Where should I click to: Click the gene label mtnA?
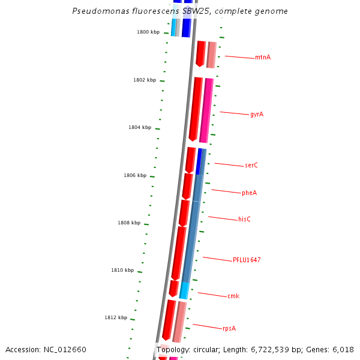(x=262, y=58)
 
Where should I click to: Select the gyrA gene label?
(x=257, y=114)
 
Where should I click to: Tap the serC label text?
(x=251, y=165)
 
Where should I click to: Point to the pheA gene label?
(x=249, y=193)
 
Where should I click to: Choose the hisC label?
(x=244, y=220)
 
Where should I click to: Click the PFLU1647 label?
(x=247, y=260)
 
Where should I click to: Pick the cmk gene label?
(x=233, y=296)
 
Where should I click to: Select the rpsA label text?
(x=229, y=328)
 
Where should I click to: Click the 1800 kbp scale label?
(x=148, y=32)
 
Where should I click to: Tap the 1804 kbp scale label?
(x=140, y=127)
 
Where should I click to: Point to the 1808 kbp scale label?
(x=129, y=223)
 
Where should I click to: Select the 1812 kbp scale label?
(x=116, y=317)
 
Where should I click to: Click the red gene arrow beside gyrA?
(x=196, y=108)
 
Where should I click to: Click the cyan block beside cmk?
(x=185, y=290)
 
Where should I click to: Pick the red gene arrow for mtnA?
(x=200, y=53)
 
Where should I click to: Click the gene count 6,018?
(x=342, y=350)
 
